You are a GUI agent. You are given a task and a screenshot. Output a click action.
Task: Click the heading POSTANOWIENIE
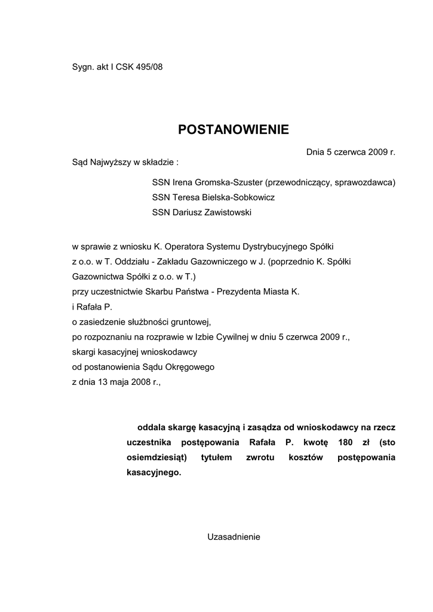click(x=234, y=130)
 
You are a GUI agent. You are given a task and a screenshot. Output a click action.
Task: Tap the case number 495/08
click(x=149, y=67)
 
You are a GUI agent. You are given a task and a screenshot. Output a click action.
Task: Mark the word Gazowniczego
click(x=226, y=261)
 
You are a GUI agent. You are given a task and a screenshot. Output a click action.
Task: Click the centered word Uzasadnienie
click(x=234, y=537)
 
